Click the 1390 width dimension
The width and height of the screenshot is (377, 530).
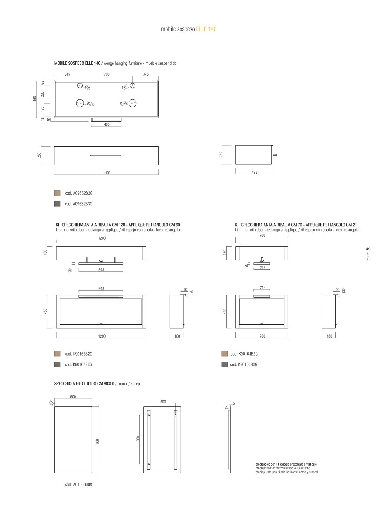pos(107,173)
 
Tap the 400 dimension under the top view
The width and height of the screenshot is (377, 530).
pos(107,124)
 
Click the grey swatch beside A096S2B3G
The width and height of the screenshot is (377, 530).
pos(57,204)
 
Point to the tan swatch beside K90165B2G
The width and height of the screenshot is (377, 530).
pos(57,354)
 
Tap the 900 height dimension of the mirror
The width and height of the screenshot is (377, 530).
pos(97,441)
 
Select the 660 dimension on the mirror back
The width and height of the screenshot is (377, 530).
pos(138,439)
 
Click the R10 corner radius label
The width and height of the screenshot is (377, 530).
pos(52,403)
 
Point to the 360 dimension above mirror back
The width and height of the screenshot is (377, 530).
pos(163,402)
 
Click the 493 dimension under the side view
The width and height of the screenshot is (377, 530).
pos(254,172)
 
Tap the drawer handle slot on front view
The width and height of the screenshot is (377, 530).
pos(106,156)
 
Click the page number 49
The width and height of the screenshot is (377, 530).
pos(368,249)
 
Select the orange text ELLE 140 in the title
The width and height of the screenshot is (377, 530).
pos(206,29)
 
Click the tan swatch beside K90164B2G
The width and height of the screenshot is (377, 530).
pos(224,354)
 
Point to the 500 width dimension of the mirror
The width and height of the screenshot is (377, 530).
pos(73,397)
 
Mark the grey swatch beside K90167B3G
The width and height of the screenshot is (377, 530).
pos(57,364)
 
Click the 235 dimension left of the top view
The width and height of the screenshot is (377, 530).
pos(42,94)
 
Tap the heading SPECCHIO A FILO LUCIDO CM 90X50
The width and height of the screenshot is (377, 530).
pos(84,383)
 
